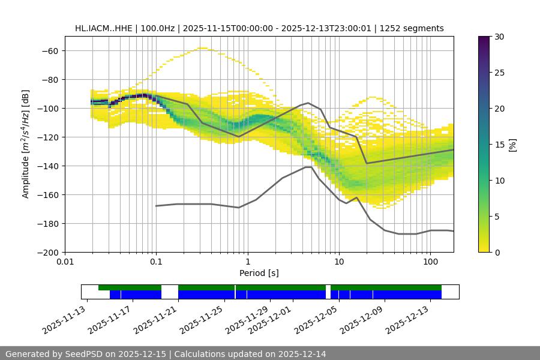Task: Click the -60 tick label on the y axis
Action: point(49,50)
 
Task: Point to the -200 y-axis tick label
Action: point(47,252)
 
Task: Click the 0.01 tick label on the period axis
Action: point(65,262)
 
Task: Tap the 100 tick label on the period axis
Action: point(430,262)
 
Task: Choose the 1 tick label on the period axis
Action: point(247,262)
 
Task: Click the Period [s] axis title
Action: point(259,273)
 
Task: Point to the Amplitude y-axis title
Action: point(26,144)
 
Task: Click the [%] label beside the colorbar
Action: point(512,144)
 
